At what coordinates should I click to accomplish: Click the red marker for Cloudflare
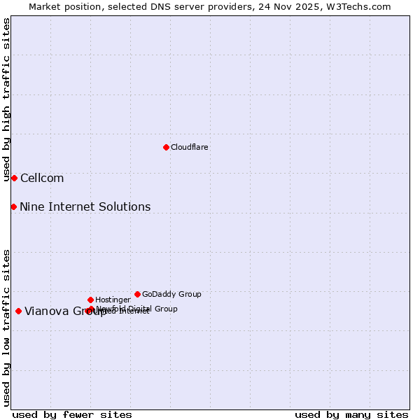coord(166,147)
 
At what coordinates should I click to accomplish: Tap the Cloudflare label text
coord(189,147)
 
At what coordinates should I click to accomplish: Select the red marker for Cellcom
coord(14,178)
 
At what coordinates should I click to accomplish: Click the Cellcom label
coord(41,178)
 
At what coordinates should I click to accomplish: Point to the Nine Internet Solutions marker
coord(13,206)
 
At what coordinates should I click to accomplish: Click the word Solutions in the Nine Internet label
coord(126,206)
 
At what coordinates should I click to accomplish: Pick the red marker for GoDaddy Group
coord(137,294)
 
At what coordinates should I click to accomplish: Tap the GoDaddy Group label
coord(171,294)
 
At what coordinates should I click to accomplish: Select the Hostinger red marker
coord(90,300)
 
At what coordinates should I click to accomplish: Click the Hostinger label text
coord(113,300)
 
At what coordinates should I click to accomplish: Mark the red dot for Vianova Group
coord(18,311)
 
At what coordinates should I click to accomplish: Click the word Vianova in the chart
coord(47,311)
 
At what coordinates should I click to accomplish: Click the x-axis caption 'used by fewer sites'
coord(72,414)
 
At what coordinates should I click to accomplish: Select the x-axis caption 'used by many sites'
coord(351,414)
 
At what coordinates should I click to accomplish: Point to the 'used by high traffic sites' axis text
coord(6,99)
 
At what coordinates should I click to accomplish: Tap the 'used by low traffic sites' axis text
coord(6,328)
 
